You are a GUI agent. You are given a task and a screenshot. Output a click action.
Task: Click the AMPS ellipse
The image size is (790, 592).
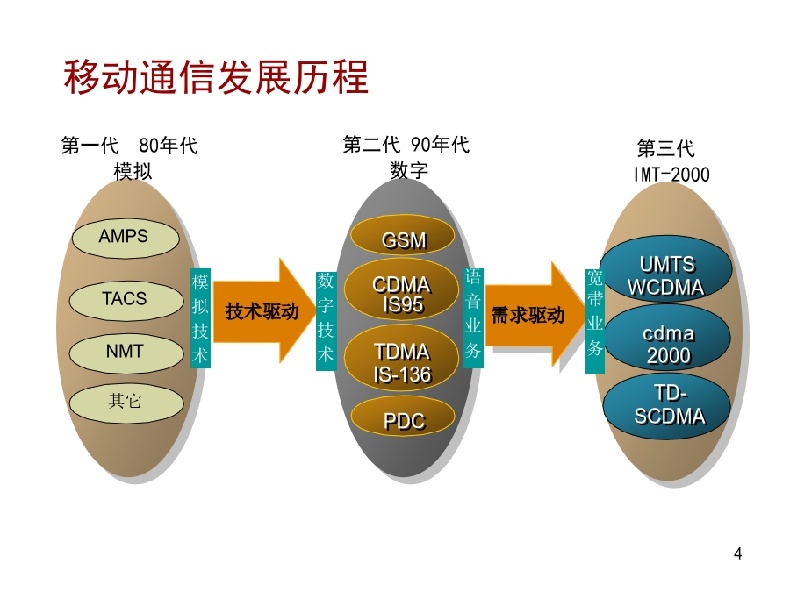click(x=126, y=238)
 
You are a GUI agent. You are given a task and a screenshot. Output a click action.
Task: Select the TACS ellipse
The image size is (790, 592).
click(x=126, y=301)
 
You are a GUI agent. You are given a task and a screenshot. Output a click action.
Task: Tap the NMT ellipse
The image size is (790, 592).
click(x=126, y=353)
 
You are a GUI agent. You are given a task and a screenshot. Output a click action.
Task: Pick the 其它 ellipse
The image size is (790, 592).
click(x=126, y=403)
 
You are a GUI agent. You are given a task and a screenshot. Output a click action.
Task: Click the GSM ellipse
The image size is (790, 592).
click(x=403, y=235)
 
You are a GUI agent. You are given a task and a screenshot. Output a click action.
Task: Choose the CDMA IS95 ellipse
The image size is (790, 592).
click(x=401, y=289)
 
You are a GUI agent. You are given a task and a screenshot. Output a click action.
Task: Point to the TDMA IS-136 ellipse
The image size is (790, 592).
click(x=401, y=358)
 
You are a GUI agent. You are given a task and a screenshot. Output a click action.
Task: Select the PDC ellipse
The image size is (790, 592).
click(x=403, y=416)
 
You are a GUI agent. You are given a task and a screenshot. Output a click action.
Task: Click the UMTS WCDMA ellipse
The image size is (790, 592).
click(x=665, y=269)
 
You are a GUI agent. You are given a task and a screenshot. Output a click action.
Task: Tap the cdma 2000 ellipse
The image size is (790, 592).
click(x=666, y=338)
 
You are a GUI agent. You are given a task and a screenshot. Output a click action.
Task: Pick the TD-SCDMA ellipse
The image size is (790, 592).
click(x=666, y=406)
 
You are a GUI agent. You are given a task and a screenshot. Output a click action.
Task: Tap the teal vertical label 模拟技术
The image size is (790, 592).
click(x=200, y=318)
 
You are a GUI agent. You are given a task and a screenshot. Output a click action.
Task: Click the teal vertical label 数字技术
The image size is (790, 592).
click(x=326, y=321)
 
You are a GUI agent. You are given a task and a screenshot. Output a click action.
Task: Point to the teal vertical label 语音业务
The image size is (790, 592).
click(x=473, y=318)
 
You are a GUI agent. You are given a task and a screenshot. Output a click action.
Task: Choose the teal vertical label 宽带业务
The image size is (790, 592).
click(x=594, y=321)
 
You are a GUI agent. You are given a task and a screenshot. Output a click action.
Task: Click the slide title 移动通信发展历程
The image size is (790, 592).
click(x=216, y=77)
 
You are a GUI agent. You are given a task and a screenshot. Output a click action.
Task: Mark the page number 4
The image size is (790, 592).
click(x=737, y=553)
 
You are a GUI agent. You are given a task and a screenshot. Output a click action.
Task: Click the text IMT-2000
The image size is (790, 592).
click(x=671, y=175)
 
